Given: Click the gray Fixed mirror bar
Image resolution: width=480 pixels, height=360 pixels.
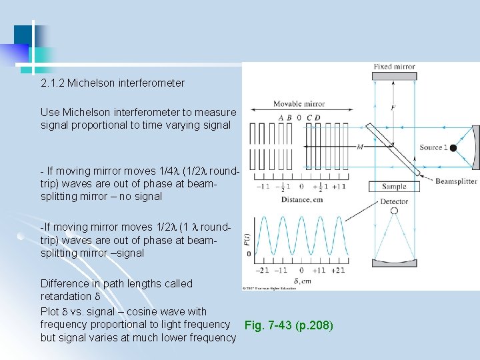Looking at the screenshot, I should coord(394,77).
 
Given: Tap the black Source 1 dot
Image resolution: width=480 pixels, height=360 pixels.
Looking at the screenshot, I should coord(453,147).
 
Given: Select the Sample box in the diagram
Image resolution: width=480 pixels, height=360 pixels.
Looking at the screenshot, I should coord(394,187).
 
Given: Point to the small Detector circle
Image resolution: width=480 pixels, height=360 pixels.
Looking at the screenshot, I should coord(394,211).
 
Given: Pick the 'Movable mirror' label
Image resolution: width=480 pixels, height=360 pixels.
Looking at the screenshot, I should coord(299,104).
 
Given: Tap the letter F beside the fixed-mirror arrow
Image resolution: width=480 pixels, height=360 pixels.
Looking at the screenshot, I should coord(393,108).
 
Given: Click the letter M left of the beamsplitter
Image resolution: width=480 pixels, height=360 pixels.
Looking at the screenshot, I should coord(360,147).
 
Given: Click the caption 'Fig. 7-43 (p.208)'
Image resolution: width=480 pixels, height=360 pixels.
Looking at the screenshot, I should coord(289,326).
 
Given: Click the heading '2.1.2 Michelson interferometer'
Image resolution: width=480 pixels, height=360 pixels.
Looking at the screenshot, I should coord(113,83).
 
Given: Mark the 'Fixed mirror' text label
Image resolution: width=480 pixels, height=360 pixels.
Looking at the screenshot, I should coord(394,67).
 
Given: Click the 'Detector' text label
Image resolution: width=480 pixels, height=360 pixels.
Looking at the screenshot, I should coord(394,201).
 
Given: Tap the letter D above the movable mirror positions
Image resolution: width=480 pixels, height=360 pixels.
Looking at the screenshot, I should coord(317,118).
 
